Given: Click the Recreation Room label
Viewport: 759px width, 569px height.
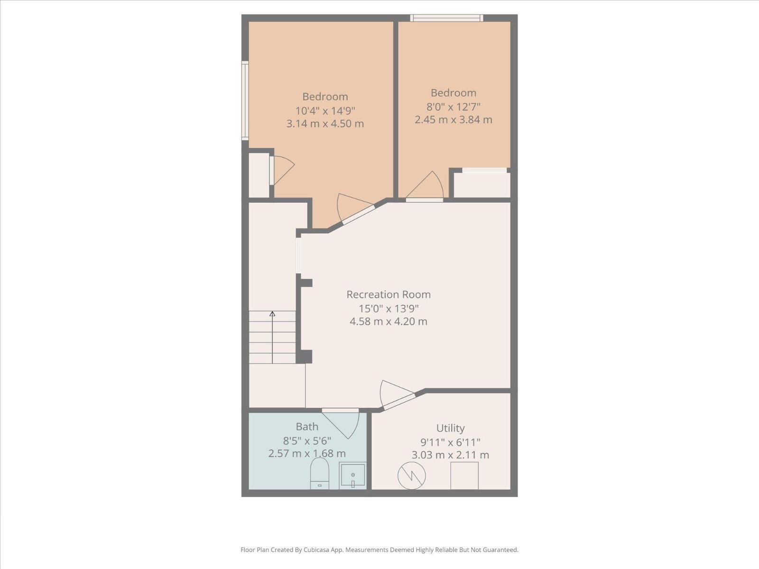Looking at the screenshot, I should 389,294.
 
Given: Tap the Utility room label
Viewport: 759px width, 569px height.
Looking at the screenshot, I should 450,428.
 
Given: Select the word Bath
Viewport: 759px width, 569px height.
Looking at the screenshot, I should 307,427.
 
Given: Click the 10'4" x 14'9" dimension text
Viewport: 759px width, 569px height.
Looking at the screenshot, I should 325,111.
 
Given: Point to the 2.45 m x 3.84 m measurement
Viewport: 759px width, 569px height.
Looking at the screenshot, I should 454,119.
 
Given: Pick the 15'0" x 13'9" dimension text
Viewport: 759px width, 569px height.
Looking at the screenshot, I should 389,309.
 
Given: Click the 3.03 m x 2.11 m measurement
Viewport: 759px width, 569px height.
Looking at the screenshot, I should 450,455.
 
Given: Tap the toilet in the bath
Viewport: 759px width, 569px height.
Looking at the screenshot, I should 319,473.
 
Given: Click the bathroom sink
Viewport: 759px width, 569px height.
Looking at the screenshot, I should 353,475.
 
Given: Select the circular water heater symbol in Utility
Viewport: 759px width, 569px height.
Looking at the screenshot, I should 411,476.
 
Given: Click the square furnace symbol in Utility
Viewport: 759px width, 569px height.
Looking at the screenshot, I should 464,475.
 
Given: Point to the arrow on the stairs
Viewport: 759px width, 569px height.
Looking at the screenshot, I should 272,314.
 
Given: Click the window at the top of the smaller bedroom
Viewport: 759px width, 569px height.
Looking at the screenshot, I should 446,18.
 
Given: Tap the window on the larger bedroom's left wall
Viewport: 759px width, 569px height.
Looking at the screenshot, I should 245,100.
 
